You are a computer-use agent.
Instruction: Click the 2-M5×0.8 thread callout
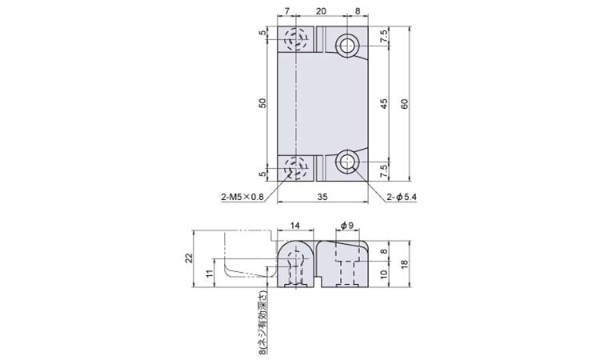point(242,198)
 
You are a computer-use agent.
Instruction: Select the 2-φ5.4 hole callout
point(401,198)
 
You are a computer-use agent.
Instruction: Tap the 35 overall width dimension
point(322,197)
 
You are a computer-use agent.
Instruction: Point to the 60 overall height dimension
point(405,103)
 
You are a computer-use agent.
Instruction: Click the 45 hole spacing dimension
point(384,104)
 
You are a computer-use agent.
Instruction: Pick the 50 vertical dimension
point(262,103)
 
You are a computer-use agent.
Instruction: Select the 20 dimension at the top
point(322,11)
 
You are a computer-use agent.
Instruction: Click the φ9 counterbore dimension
point(347,226)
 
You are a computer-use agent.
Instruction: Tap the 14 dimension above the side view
point(294,226)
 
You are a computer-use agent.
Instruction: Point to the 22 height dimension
point(189,258)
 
